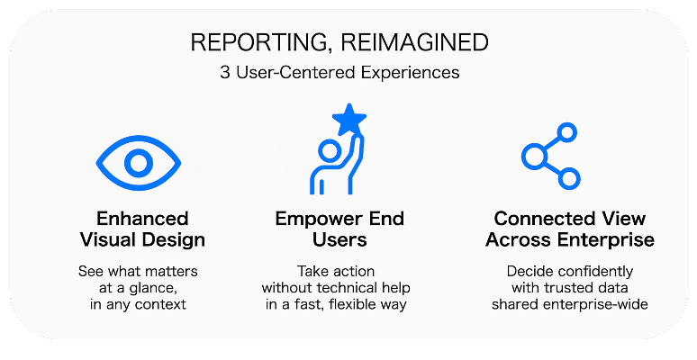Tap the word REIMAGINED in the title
coord(415,42)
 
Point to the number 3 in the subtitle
coord(225,72)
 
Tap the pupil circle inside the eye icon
coord(139,163)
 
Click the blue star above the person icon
coord(349,119)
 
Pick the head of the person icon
coord(330,151)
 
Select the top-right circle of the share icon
coord(566,133)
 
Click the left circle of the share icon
coord(533,157)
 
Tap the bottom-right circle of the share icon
coord(568,179)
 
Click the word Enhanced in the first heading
coord(142,219)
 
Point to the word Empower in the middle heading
coord(315,219)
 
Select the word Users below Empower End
coord(339,239)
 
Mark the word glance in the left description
coord(153,288)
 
